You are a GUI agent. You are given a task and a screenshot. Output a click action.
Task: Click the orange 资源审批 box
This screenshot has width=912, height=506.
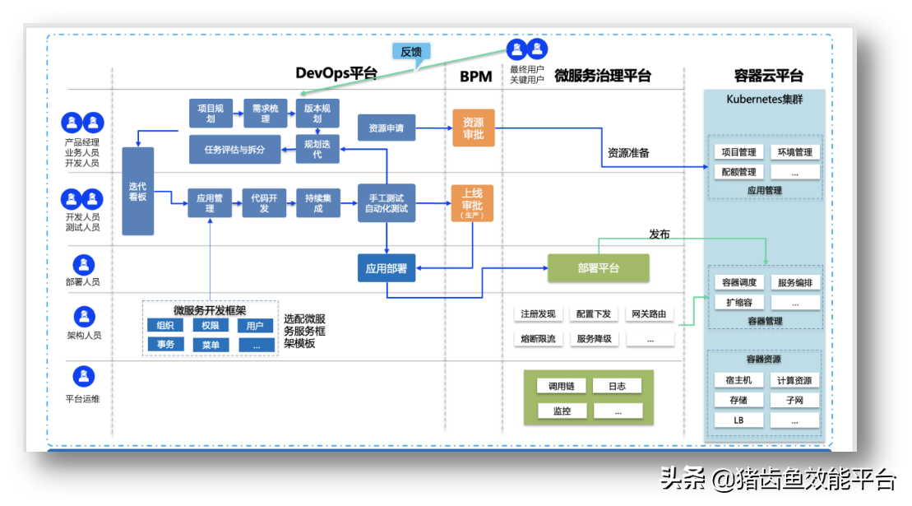tap(473, 128)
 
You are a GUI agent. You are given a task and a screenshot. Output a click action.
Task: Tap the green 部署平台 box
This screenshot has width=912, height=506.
tap(598, 268)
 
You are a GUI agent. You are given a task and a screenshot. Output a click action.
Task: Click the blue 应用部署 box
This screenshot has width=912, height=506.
tap(387, 268)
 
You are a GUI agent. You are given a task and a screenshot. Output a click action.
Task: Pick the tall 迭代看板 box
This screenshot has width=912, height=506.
tap(137, 191)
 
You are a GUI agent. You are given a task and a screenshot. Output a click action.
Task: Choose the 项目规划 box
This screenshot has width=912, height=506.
tap(210, 113)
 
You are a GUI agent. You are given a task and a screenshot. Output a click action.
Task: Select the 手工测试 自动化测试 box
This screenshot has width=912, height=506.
tap(387, 203)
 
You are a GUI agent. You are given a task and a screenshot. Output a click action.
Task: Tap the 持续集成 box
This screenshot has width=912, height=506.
tap(318, 203)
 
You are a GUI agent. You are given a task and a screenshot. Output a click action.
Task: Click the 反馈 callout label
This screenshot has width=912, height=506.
tap(410, 51)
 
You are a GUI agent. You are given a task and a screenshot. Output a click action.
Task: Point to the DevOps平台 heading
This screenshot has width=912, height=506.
tap(336, 74)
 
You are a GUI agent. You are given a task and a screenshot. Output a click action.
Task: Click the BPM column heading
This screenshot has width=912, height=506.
tap(475, 77)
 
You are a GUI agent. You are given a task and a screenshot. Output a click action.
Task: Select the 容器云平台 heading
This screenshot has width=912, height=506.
tap(768, 77)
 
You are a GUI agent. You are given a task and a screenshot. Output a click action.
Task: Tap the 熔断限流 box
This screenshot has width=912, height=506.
tap(538, 338)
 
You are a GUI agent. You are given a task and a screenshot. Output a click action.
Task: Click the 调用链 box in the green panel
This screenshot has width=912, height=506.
tap(562, 386)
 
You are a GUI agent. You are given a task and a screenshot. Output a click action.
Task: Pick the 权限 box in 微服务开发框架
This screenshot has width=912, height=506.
tap(211, 326)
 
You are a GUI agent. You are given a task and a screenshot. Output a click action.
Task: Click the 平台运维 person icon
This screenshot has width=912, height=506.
tap(83, 377)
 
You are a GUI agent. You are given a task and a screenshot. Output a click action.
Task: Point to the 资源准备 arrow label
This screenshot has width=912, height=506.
tap(628, 153)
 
